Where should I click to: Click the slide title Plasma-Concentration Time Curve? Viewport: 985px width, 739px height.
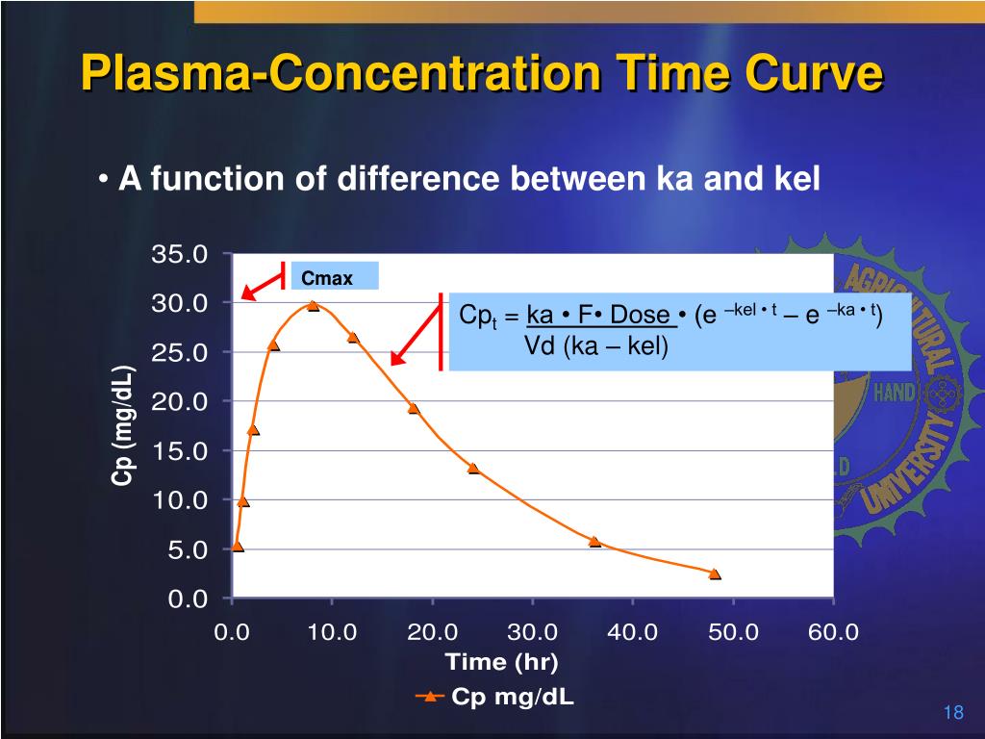coord(481,74)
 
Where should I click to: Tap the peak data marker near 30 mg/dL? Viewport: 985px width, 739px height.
coord(313,305)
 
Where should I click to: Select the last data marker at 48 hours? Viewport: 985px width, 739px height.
coord(714,573)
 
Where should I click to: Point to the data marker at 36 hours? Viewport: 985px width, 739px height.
coord(594,542)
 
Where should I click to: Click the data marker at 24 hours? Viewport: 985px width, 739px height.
coord(473,469)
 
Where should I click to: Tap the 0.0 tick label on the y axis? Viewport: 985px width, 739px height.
coord(187,599)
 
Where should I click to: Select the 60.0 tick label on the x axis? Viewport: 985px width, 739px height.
coord(833,632)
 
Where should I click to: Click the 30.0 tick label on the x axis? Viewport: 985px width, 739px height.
coord(532,632)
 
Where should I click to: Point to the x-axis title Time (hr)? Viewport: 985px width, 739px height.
coord(501,662)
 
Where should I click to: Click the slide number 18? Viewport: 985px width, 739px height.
coord(953,713)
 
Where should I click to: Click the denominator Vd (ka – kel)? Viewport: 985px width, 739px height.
coord(595,345)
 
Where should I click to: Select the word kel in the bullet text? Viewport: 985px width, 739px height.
coord(795,179)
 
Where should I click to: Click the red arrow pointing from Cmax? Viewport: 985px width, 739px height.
coord(262,285)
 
